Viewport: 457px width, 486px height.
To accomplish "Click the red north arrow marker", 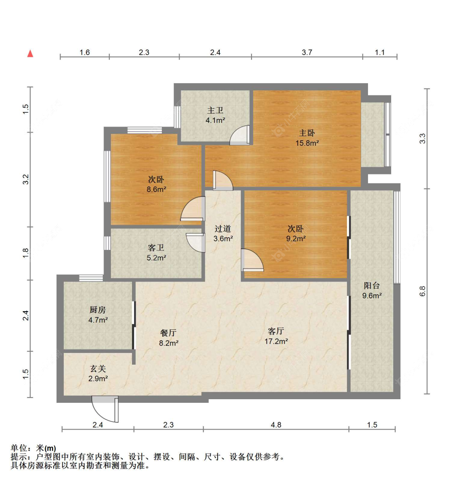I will coord(30,54).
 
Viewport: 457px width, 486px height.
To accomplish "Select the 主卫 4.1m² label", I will coord(215,115).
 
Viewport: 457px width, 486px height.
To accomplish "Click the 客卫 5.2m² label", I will coord(156,252).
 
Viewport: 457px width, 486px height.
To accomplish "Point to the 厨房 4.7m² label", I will coord(98,315).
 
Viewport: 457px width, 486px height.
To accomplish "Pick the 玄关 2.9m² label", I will coord(98,373).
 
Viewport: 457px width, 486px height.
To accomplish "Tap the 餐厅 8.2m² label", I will coord(169,338).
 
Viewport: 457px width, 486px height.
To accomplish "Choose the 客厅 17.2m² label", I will coord(276,336).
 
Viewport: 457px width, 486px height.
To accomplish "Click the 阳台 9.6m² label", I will coord(372,290).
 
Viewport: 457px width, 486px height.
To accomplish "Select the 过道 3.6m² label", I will coord(223,234).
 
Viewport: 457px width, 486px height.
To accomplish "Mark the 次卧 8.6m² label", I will coord(156,184).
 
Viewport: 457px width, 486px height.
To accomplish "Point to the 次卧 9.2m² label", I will coord(296,234).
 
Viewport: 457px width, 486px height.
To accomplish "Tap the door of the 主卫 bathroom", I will coord(240,135).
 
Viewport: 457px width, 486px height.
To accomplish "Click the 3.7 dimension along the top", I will coord(307,52).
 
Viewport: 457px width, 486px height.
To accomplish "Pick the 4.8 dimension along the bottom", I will coord(276,425).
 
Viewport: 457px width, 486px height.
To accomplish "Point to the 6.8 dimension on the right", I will coord(422,291).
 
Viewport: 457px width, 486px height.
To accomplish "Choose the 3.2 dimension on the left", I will coord(26,179).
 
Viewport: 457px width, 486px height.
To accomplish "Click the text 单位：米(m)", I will coord(33,448).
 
